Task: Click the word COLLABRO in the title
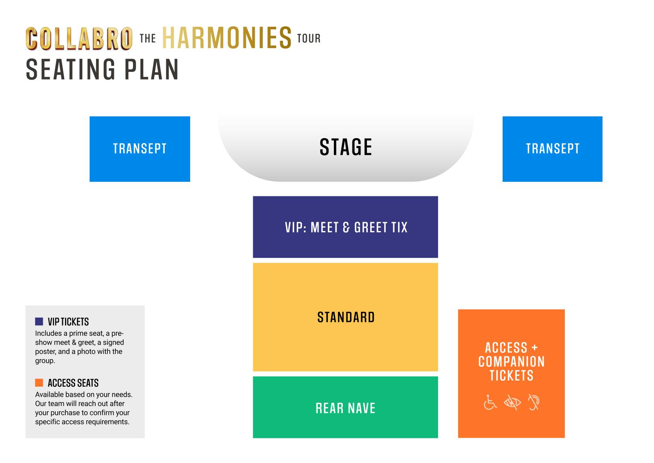[79, 38]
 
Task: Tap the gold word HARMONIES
[227, 38]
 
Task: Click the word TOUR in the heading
[309, 38]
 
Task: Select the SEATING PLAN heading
[102, 69]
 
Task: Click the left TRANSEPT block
[140, 149]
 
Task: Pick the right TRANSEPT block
[552, 149]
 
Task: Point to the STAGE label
[346, 147]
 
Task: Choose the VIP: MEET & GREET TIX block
[346, 227]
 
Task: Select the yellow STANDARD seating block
[346, 317]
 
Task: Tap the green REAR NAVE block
[346, 407]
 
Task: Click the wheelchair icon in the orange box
[490, 402]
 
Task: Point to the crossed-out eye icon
[512, 402]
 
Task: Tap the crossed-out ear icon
[534, 402]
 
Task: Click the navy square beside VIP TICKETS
[39, 322]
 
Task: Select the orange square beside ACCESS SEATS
[39, 383]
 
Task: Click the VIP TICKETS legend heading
[68, 322]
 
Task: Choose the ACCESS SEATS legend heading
[73, 383]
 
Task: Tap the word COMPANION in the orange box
[511, 362]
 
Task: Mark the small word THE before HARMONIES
[148, 38]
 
